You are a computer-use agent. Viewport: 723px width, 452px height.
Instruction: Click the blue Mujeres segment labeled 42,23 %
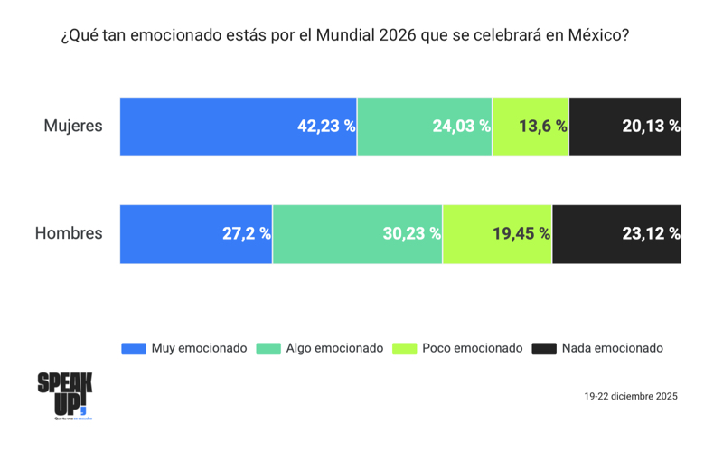click(239, 127)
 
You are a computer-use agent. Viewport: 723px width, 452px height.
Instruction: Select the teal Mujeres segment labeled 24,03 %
click(425, 127)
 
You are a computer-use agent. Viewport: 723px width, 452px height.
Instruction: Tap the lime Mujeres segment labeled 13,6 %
click(531, 127)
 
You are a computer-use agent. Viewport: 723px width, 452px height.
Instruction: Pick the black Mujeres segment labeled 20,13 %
click(625, 127)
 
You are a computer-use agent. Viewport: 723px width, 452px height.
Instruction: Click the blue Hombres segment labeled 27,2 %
click(196, 234)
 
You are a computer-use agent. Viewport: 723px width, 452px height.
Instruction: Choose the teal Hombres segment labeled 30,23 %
click(358, 234)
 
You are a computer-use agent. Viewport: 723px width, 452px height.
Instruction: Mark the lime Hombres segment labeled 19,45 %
click(497, 234)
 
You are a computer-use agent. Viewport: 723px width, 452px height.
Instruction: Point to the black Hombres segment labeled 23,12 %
click(617, 234)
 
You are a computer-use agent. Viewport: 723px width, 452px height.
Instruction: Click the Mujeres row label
click(73, 127)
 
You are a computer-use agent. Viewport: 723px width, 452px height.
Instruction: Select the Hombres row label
click(69, 234)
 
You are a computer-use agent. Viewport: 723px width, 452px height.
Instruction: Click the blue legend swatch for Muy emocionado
click(133, 349)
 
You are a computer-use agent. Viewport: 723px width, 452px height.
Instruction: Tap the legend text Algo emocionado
click(334, 348)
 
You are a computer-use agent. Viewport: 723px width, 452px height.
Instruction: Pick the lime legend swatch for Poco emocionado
click(404, 349)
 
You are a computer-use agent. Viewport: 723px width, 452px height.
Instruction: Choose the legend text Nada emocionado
click(613, 348)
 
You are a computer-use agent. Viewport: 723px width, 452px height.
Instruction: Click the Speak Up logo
click(65, 395)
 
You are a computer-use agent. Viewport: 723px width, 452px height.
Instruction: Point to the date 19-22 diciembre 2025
click(631, 396)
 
